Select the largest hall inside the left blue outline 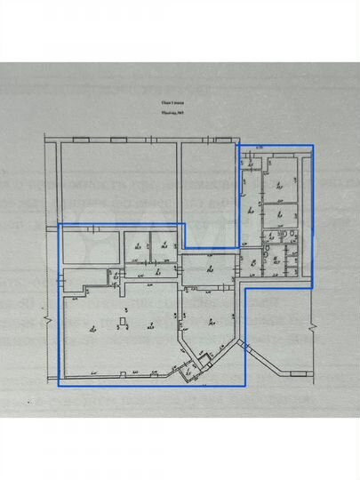(116, 333)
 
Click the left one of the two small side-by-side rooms (136, 243)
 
